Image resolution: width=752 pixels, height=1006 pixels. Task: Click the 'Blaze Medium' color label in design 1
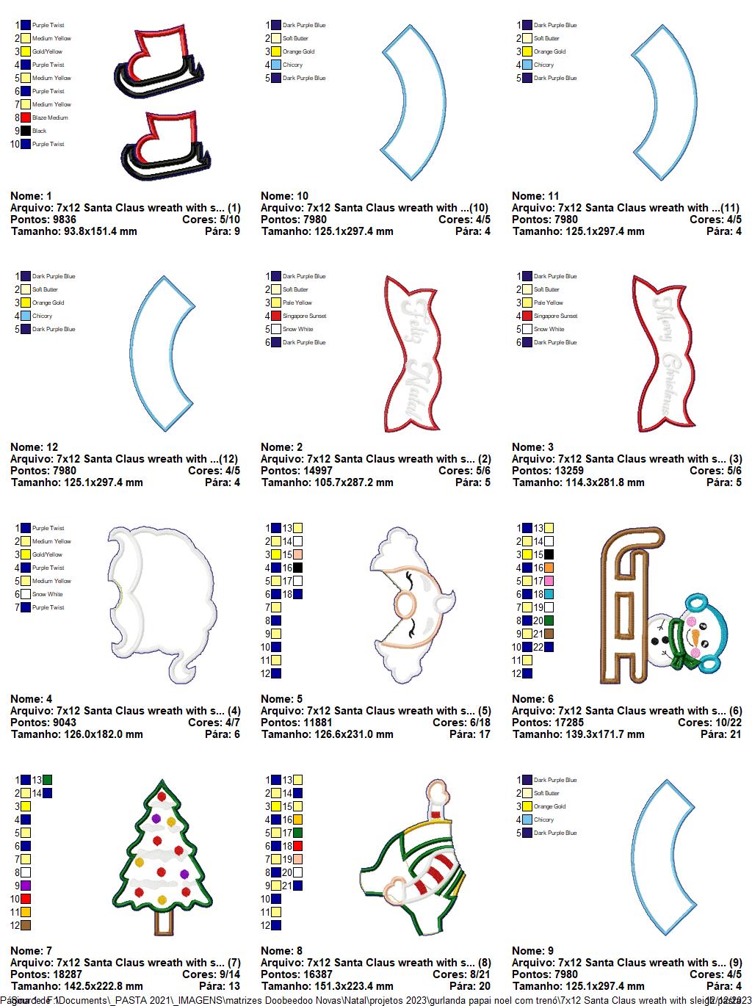50,117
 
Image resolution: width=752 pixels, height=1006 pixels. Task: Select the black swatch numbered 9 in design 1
26,131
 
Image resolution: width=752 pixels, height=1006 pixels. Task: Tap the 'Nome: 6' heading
532,699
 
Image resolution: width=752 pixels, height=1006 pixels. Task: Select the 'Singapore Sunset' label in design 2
304,316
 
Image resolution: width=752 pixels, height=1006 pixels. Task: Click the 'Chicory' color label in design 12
43,316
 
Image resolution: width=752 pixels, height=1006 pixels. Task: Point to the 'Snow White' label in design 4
48,594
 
